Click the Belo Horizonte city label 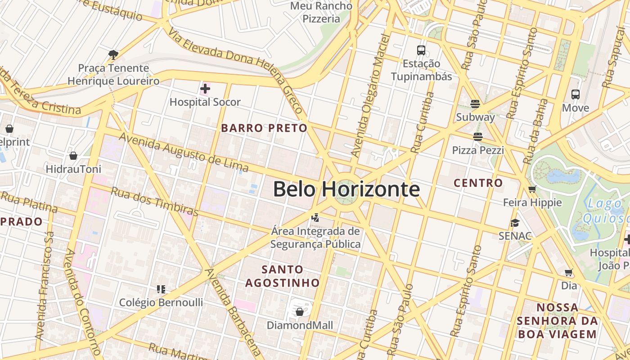(x=346, y=189)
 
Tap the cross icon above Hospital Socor (x=205, y=89)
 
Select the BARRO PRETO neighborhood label (x=264, y=128)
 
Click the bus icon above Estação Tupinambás (x=421, y=50)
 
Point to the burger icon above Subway (x=475, y=104)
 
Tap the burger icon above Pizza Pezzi (x=477, y=137)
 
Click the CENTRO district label (x=478, y=183)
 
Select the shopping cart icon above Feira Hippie (x=532, y=189)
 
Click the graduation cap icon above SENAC (x=515, y=223)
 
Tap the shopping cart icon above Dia (x=569, y=272)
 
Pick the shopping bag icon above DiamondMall (x=300, y=312)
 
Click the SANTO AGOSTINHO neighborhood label (x=282, y=276)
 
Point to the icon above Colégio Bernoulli (x=161, y=289)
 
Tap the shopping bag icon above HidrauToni (x=73, y=156)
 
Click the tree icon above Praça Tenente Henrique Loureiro (x=113, y=55)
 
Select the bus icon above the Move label (x=576, y=94)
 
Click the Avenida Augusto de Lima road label (x=177, y=152)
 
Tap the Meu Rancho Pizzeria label (x=321, y=12)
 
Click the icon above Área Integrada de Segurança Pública (x=315, y=218)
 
